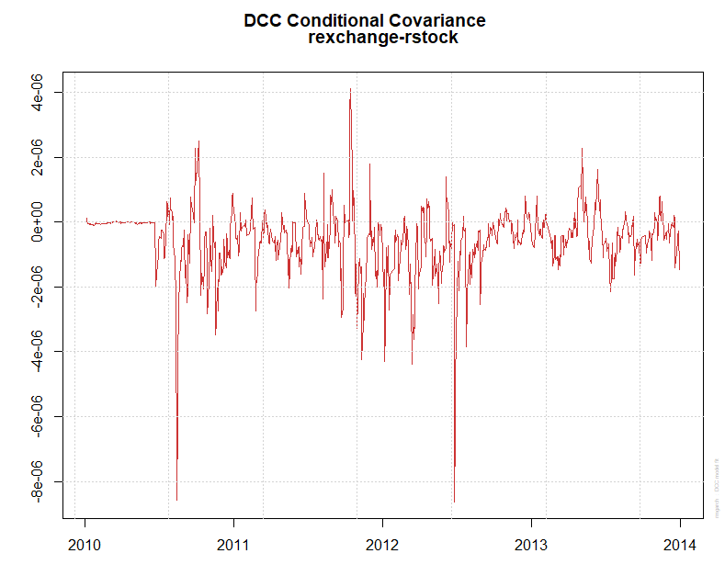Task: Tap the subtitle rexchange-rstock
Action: coord(383,38)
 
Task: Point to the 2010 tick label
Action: coord(85,545)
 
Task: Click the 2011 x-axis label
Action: coord(233,545)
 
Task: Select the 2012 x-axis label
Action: coord(382,545)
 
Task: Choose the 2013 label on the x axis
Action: coord(531,545)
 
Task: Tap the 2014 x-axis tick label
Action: coord(680,545)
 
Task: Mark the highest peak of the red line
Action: coord(350,89)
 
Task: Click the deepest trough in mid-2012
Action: coord(454,501)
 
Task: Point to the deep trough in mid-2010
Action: coord(176,499)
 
